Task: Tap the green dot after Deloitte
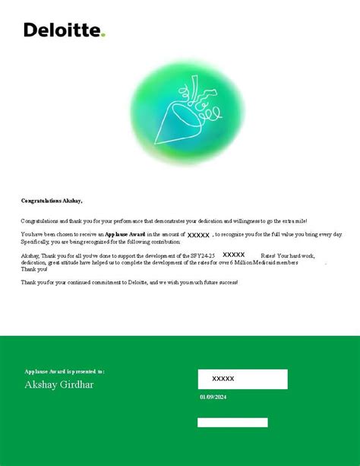pyautogui.click(x=103, y=34)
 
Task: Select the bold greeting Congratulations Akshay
pyautogui.click(x=52, y=201)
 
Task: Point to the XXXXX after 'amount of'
pyautogui.click(x=198, y=236)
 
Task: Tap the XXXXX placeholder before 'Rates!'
pyautogui.click(x=233, y=255)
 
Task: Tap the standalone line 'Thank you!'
pyautogui.click(x=34, y=269)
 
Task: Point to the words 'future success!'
pyautogui.click(x=216, y=282)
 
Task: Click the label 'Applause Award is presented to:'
pyautogui.click(x=65, y=372)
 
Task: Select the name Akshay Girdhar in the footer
pyautogui.click(x=59, y=385)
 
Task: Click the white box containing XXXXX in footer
pyautogui.click(x=242, y=379)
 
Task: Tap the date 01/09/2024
pyautogui.click(x=213, y=397)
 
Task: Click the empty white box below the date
pyautogui.click(x=232, y=422)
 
